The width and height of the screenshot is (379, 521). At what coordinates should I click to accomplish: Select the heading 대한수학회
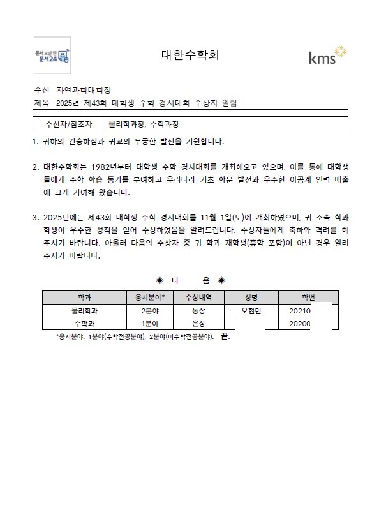tap(190, 55)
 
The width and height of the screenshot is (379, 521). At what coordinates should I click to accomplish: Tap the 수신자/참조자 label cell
tap(69, 124)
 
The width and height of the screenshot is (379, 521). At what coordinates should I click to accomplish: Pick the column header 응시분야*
tap(150, 297)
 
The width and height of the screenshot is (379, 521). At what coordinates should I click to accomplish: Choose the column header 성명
tap(251, 297)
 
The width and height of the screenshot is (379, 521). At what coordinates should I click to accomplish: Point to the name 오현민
tap(251, 310)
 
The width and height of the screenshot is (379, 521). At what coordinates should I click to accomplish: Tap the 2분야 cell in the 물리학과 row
tap(150, 310)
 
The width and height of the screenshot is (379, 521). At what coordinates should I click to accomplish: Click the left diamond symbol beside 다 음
tap(160, 280)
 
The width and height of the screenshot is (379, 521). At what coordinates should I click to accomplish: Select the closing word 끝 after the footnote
tap(223, 336)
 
